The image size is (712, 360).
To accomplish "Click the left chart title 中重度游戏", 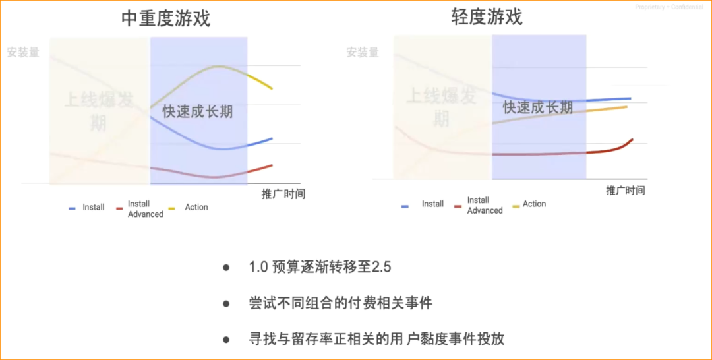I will tap(166, 18).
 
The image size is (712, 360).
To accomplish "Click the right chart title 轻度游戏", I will tap(487, 16).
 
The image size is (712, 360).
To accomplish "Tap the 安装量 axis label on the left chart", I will tap(24, 52).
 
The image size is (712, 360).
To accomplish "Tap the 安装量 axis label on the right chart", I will tap(363, 52).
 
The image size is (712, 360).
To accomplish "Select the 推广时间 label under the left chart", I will tap(283, 194).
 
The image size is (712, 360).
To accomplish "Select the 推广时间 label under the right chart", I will tap(626, 191).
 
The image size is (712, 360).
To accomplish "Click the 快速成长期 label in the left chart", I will tap(198, 111).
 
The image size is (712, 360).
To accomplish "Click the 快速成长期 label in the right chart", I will tap(538, 107).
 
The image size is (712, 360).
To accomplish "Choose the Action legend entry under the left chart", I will tap(196, 208).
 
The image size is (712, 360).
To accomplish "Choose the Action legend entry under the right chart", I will tap(534, 204).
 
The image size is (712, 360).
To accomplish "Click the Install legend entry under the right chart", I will tap(432, 204).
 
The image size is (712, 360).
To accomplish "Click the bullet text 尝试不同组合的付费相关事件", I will tap(340, 303).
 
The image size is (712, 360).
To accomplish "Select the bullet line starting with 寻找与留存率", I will tap(376, 339).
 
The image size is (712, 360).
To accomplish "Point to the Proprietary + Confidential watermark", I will tap(669, 7).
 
